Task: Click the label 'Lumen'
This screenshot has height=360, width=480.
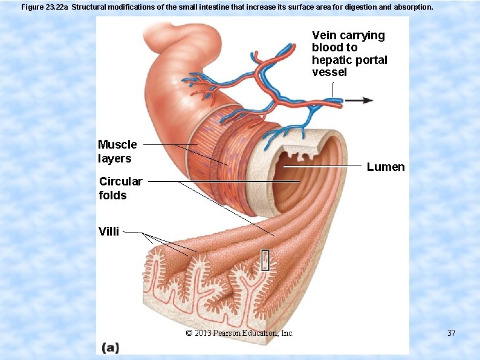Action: [386, 167]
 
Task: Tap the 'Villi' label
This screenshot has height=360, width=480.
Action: [109, 230]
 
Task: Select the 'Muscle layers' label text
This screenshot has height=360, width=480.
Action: [117, 152]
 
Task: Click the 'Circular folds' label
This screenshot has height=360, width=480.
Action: [120, 188]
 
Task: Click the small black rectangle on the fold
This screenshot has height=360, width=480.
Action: [265, 260]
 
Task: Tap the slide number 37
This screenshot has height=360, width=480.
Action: [451, 333]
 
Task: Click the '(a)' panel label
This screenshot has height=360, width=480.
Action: [111, 347]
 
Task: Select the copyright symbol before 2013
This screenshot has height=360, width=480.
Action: [189, 333]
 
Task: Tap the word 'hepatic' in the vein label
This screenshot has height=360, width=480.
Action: [330, 60]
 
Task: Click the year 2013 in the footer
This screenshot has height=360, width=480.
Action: [203, 333]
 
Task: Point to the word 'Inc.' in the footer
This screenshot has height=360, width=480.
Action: [286, 333]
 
